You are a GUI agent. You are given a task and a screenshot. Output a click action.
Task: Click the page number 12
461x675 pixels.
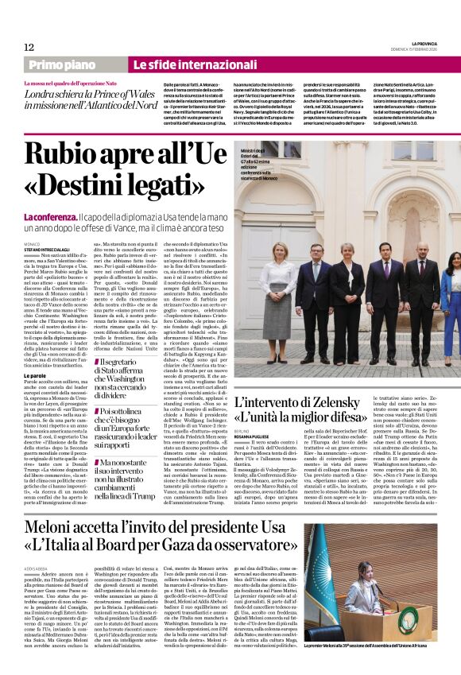coord(29,48)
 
